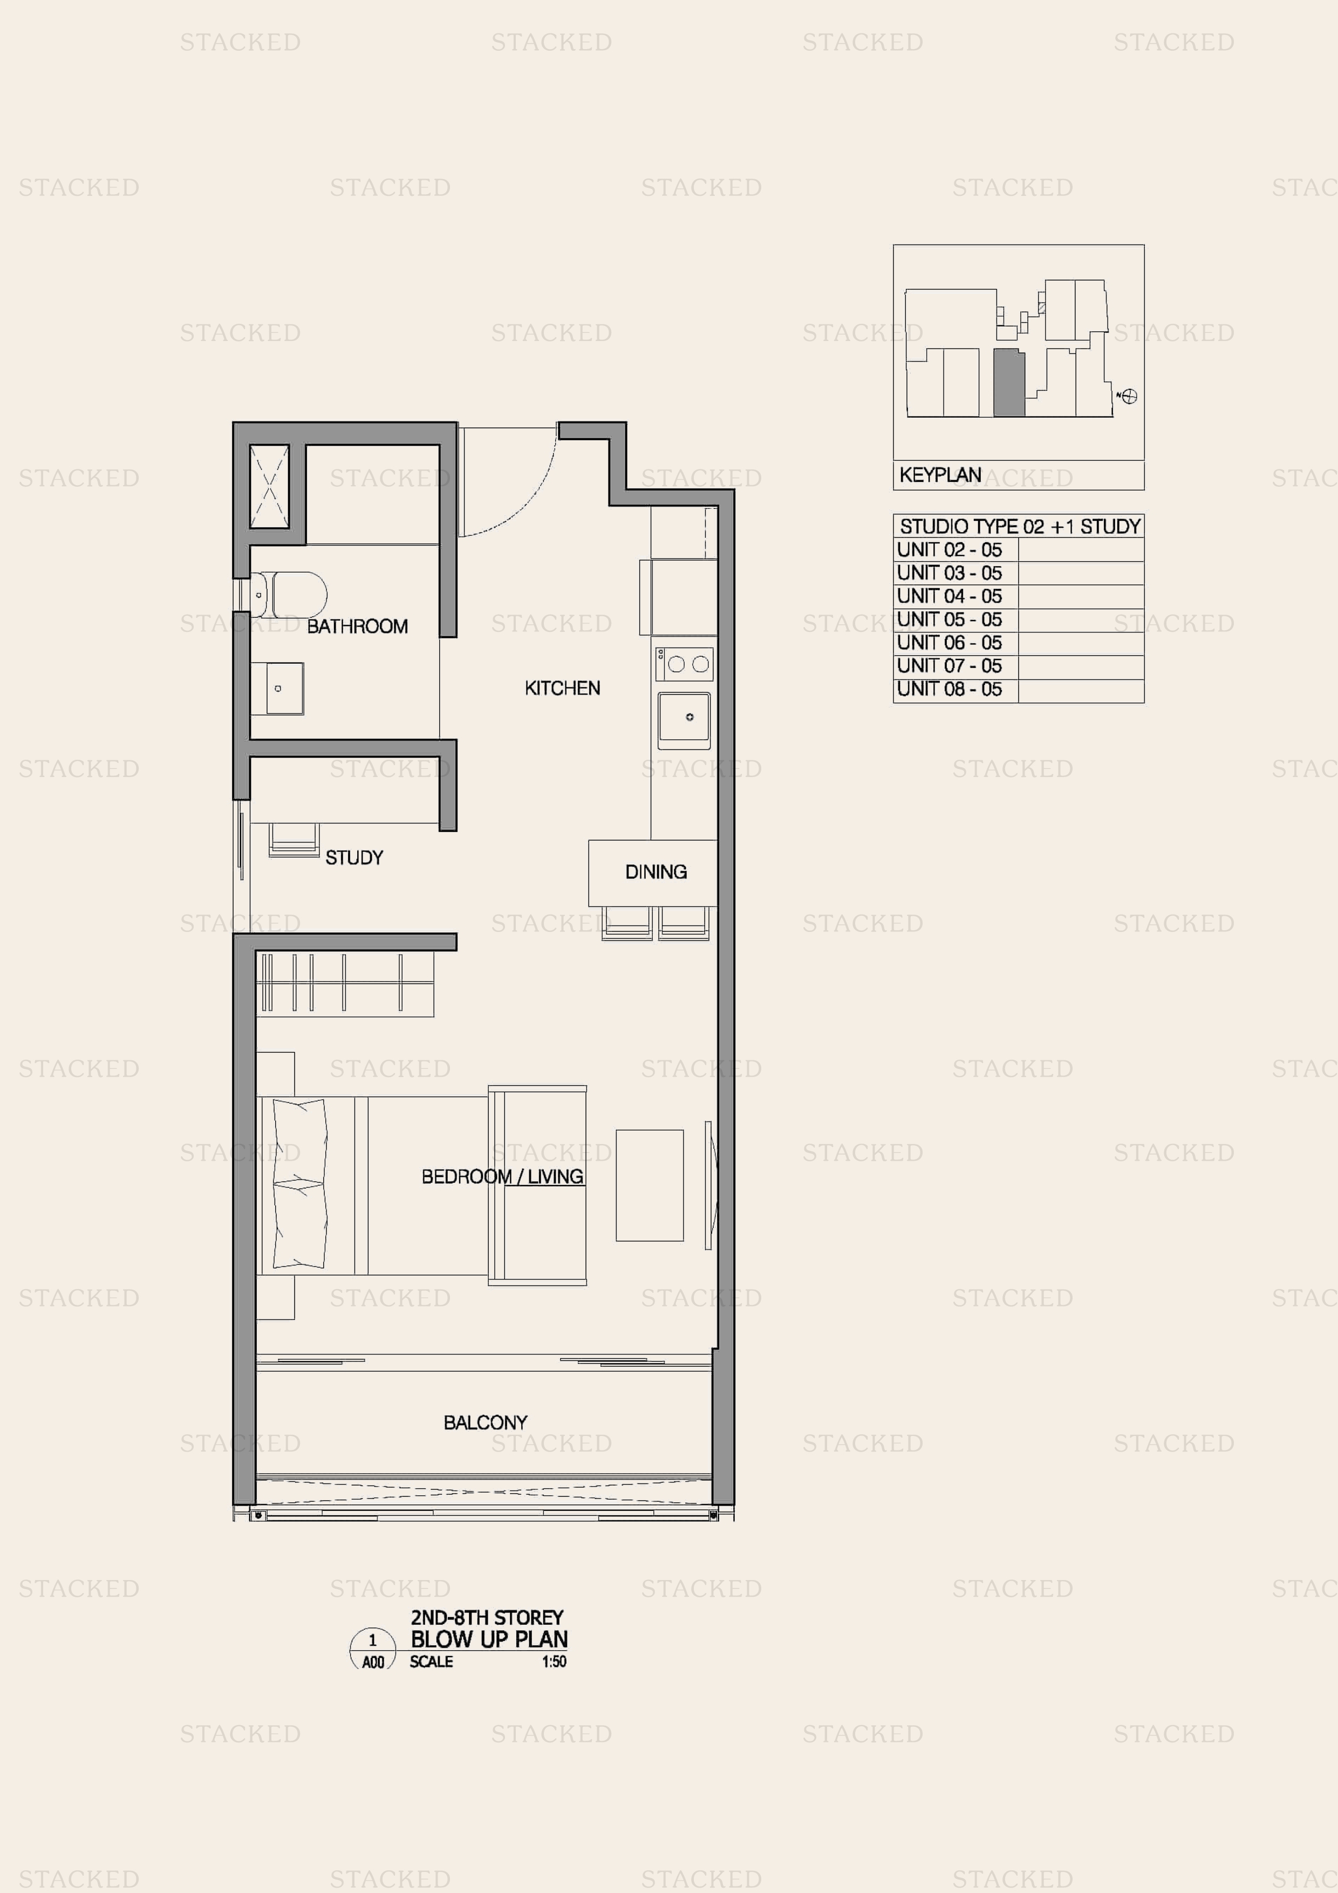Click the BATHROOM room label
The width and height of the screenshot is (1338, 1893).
pos(357,627)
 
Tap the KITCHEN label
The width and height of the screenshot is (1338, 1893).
pos(562,687)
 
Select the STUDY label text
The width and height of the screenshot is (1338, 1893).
pos(354,857)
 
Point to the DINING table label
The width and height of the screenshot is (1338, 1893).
pos(656,871)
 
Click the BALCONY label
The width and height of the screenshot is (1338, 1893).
pos(486,1422)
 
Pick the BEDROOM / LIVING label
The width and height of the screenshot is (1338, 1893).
pos(502,1176)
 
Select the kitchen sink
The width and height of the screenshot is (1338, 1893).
pos(684,720)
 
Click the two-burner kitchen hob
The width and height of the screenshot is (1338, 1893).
pos(684,664)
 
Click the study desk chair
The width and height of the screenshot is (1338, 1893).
pos(293,839)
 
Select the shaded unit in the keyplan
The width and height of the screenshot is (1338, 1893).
pos(1009,383)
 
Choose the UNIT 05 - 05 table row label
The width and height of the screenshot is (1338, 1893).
pos(950,619)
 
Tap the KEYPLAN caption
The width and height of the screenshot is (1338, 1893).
pos(940,475)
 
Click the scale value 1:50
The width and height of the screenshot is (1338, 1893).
pos(554,1662)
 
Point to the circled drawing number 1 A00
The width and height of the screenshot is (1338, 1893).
pos(373,1649)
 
